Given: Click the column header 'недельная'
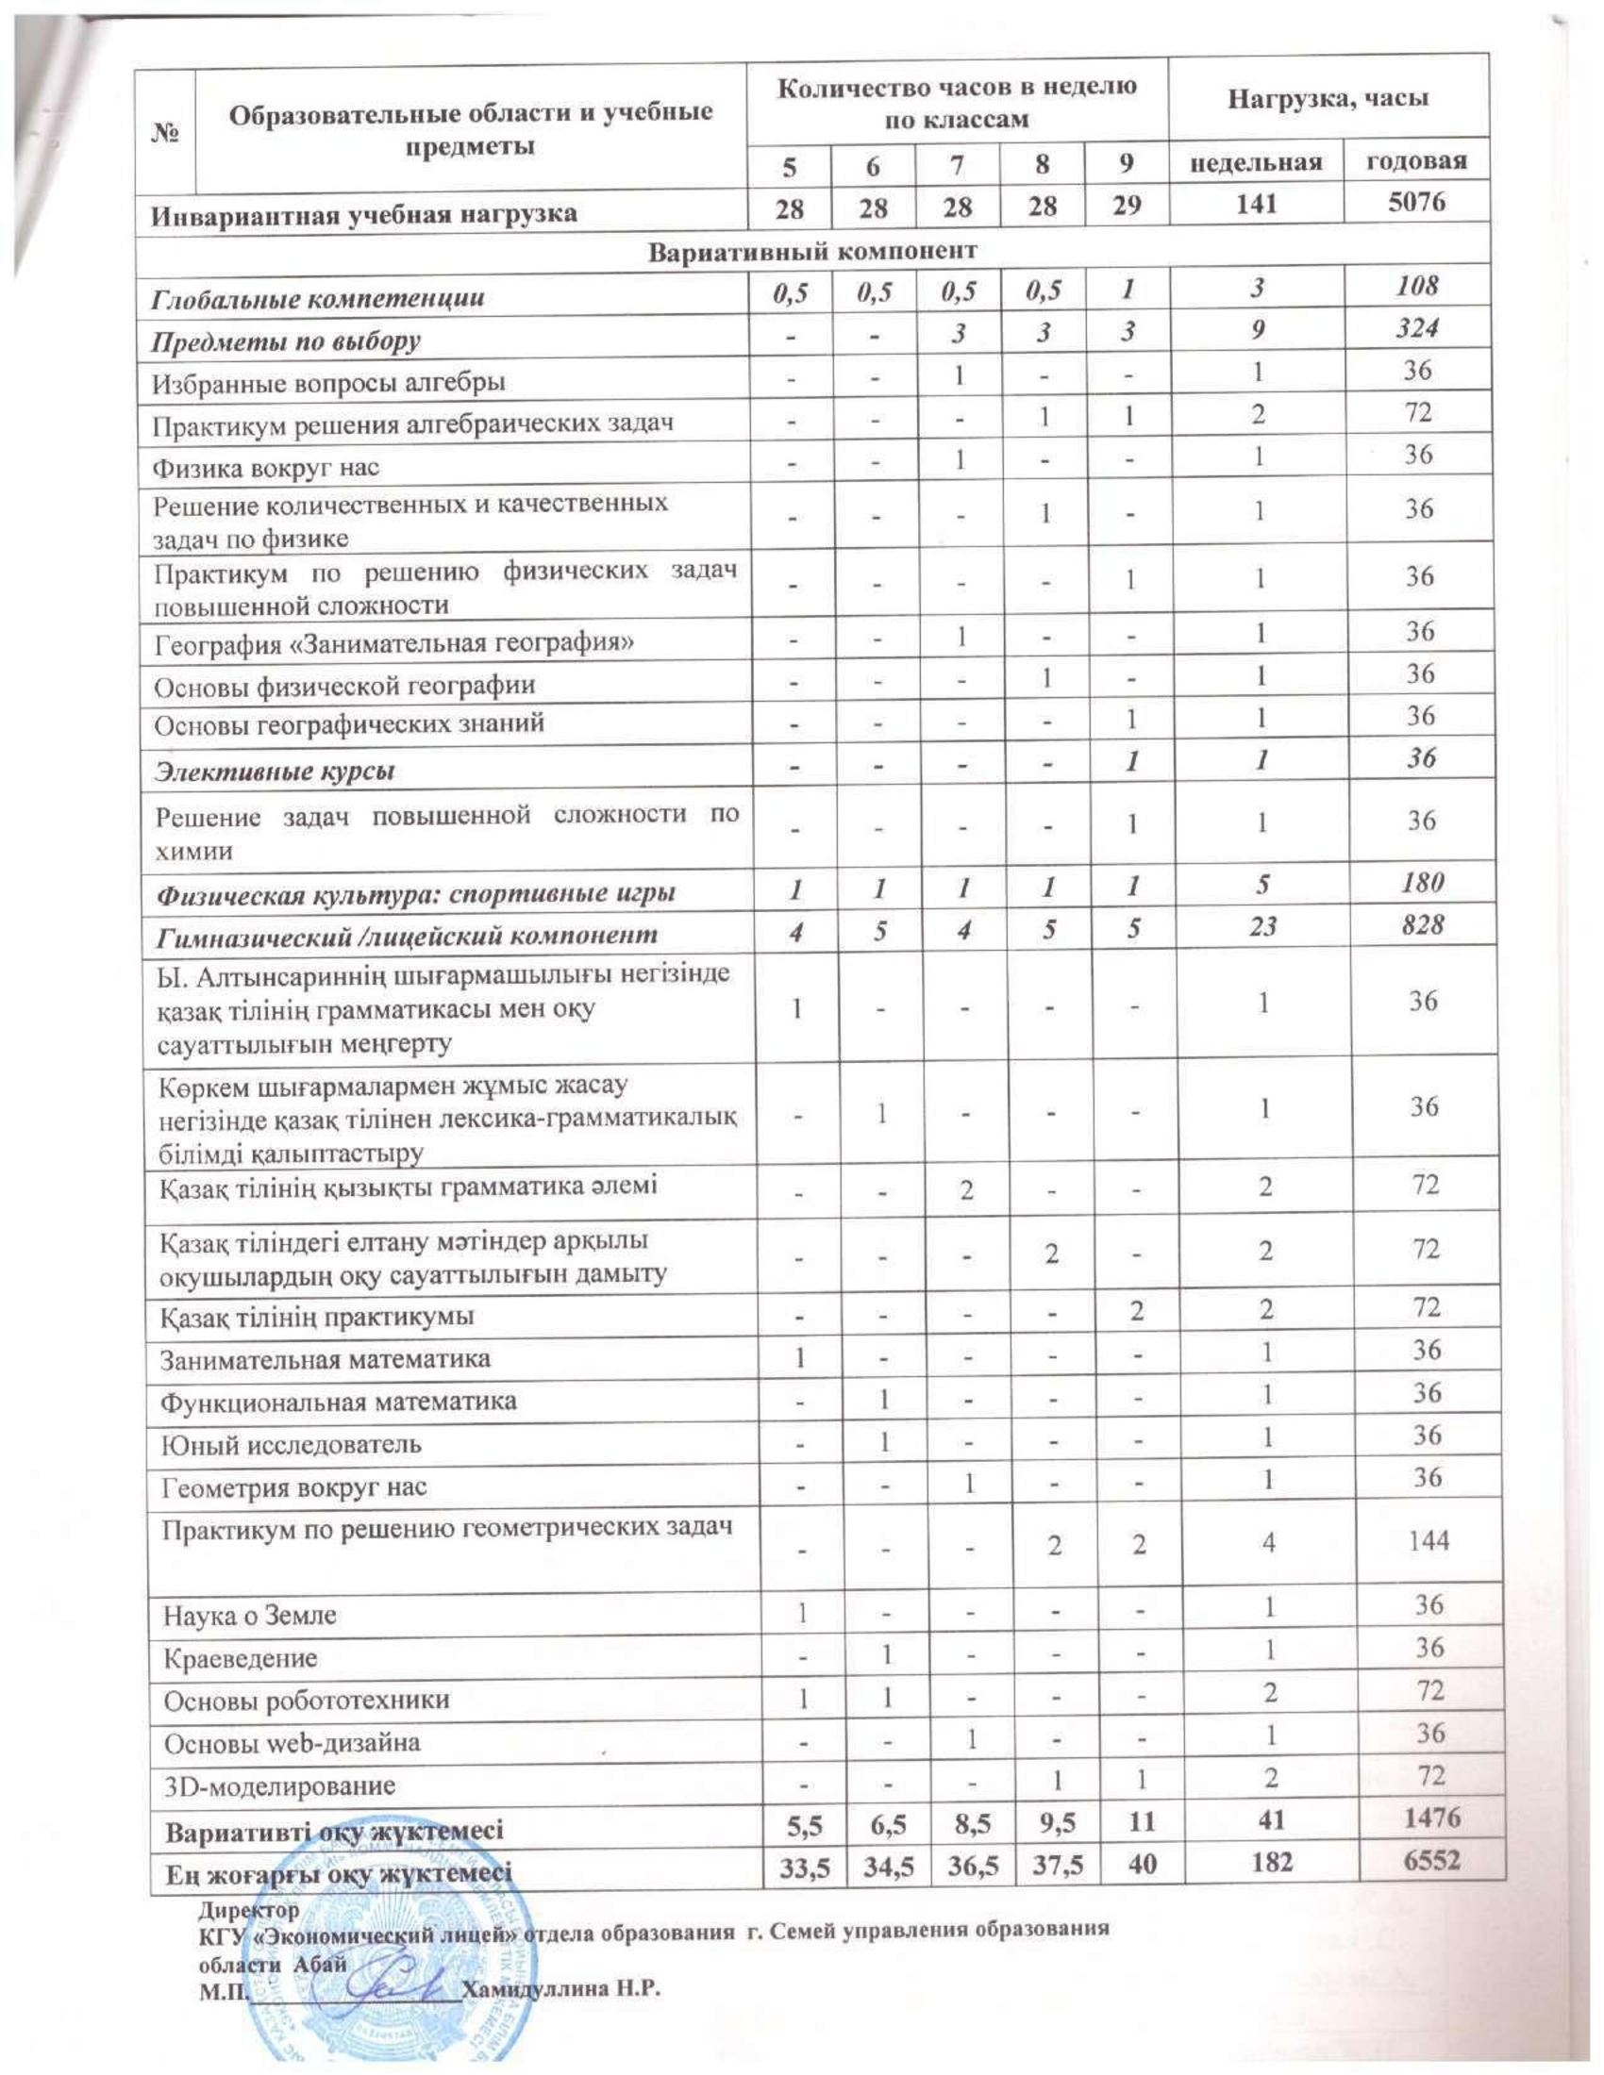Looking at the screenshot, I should (1256, 162).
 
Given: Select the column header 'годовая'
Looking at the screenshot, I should (1416, 160).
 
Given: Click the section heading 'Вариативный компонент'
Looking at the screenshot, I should (812, 251).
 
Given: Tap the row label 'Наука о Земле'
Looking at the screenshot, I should (250, 1615).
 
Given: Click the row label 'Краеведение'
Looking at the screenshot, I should (241, 1658).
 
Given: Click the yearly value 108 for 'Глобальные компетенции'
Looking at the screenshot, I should (1417, 286).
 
